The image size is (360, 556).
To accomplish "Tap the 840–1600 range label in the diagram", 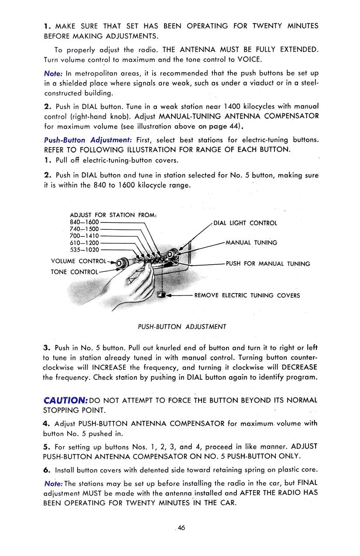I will click(x=84, y=222).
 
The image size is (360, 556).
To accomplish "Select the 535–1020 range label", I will click(x=84, y=250).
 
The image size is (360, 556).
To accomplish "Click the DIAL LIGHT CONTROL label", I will click(x=245, y=223).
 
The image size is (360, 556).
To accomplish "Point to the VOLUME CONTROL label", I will click(x=79, y=261).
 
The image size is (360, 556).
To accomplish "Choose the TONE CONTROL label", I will click(x=75, y=272).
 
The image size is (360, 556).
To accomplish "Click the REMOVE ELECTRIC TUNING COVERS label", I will click(x=247, y=295).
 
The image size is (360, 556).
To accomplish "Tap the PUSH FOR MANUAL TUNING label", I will click(x=268, y=264).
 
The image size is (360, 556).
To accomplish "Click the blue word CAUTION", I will click(x=66, y=400).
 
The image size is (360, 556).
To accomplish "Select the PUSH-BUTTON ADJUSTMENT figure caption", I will click(x=182, y=327).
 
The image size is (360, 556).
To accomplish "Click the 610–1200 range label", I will click(x=84, y=243).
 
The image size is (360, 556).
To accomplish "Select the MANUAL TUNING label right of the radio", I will click(x=251, y=242).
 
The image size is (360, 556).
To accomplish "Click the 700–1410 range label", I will click(x=84, y=236).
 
